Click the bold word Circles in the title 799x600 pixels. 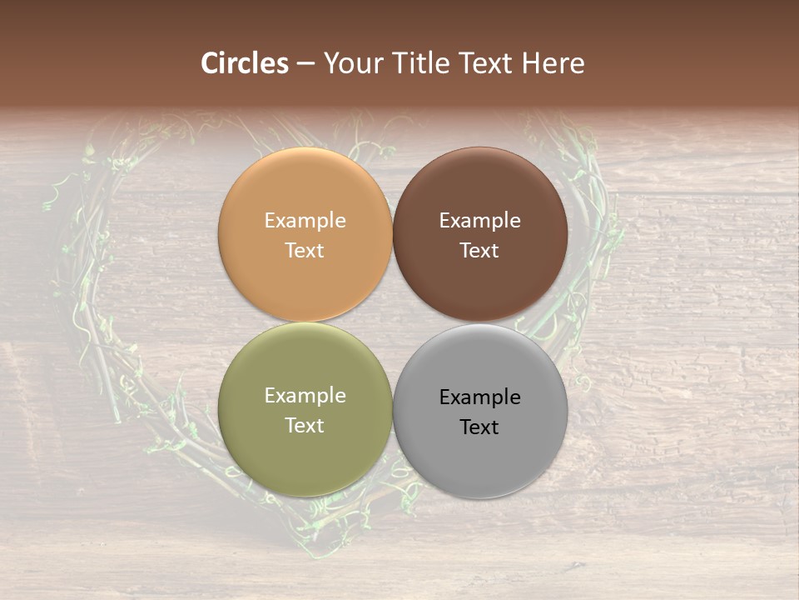[245, 63]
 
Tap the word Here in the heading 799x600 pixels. [553, 63]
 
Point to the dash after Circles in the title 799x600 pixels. [305, 64]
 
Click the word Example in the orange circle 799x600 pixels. [305, 221]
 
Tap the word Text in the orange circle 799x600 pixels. [305, 251]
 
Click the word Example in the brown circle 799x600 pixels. [480, 221]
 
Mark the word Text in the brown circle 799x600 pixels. [480, 251]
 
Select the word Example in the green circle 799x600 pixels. [305, 396]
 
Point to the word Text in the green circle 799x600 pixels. [305, 426]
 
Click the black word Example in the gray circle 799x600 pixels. [480, 397]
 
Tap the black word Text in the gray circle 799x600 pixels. [480, 427]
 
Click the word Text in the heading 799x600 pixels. [484, 63]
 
